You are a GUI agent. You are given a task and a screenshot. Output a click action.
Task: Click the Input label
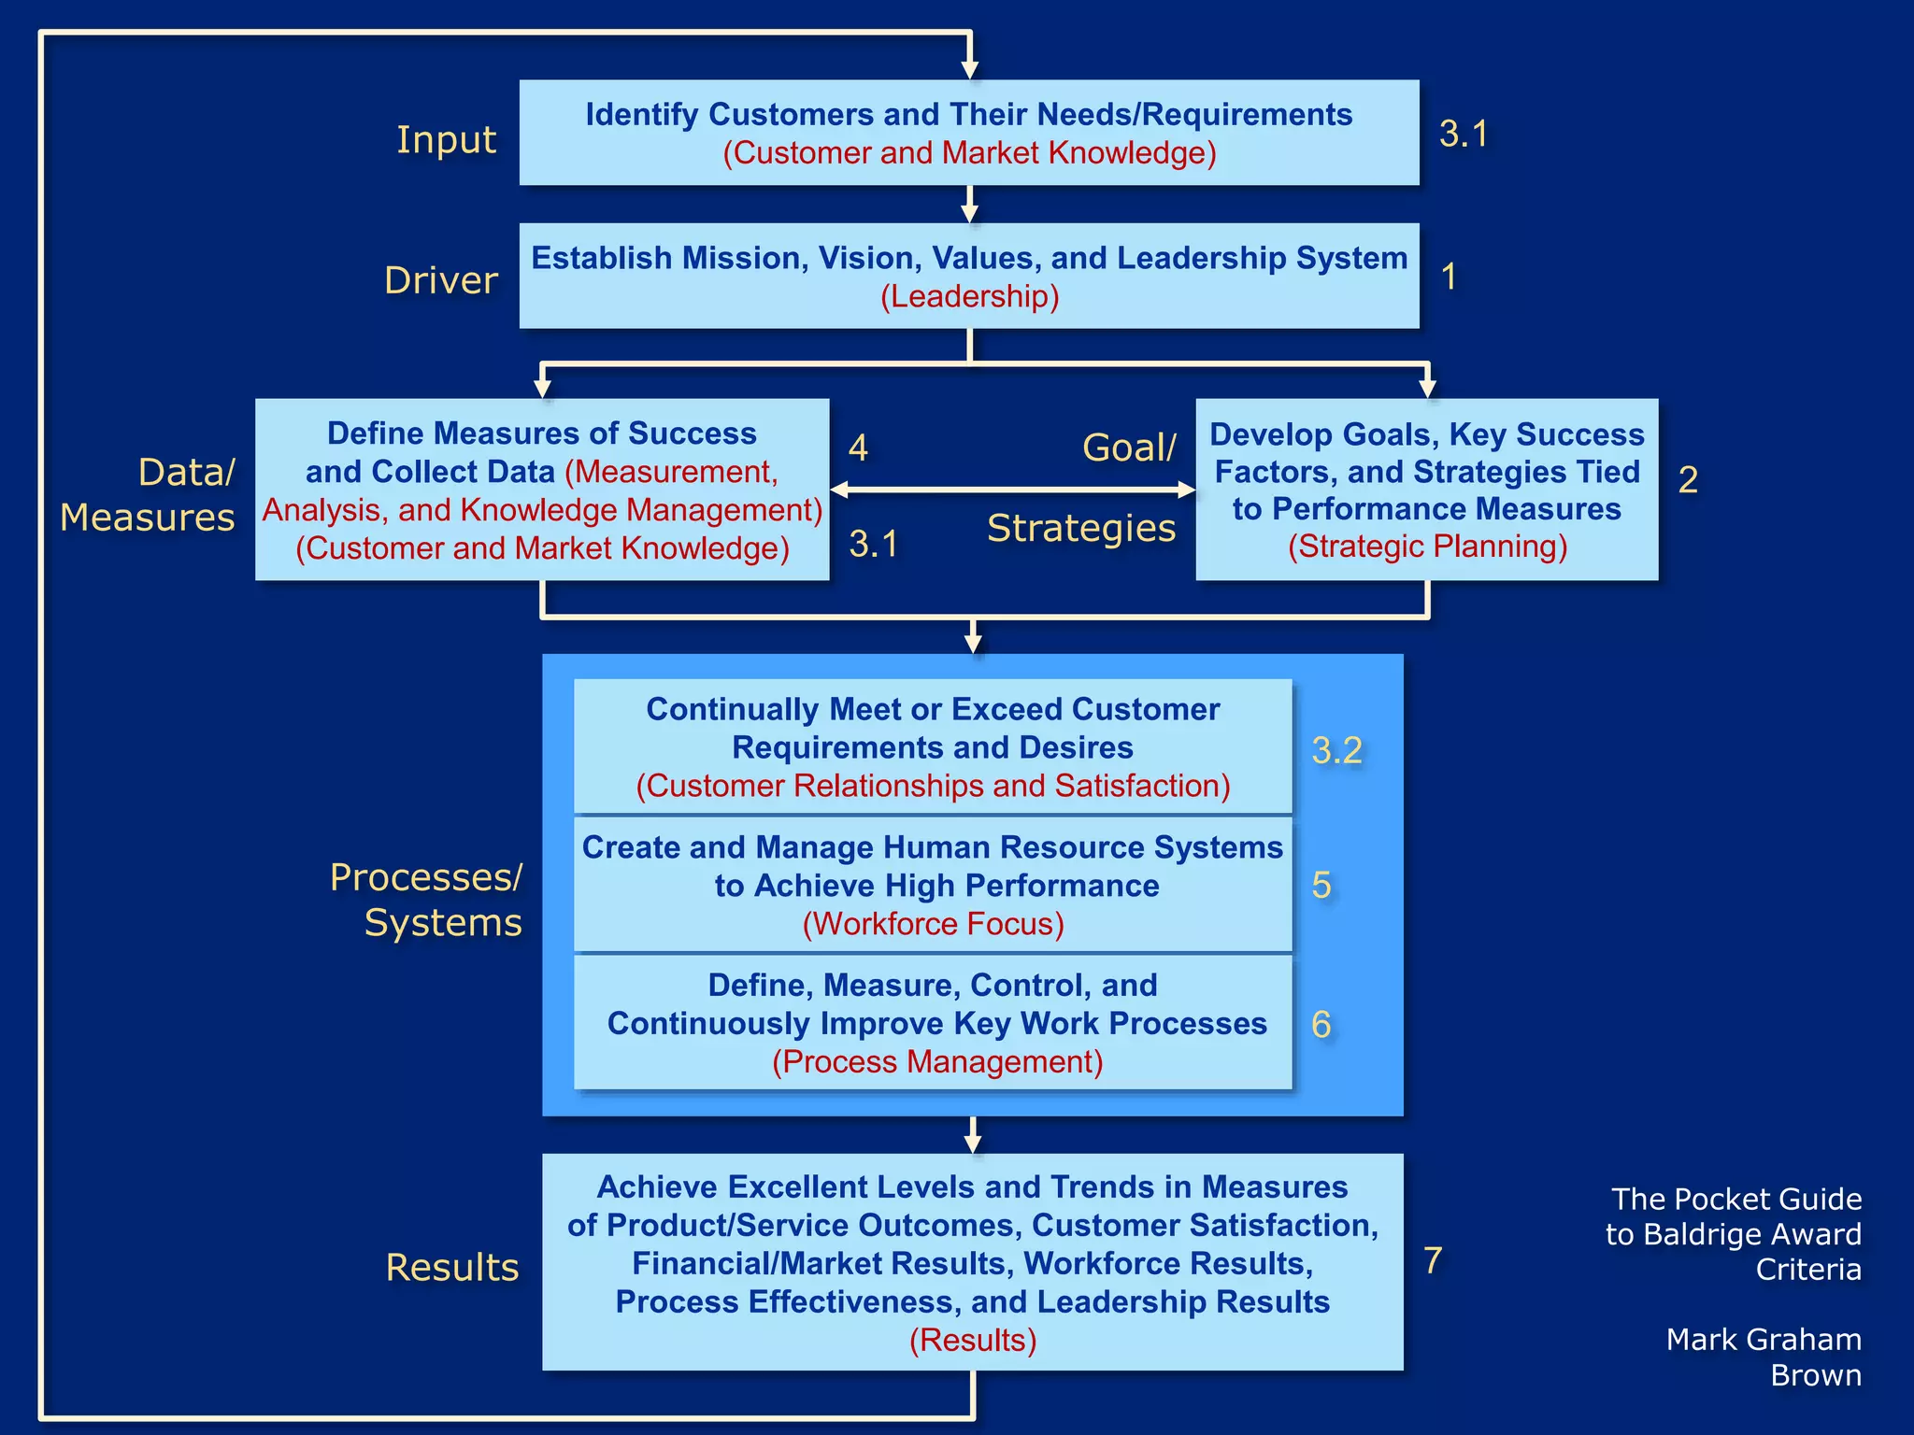point(446,139)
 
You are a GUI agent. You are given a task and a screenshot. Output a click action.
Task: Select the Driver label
point(441,280)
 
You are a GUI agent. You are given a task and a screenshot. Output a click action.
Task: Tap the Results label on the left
point(452,1268)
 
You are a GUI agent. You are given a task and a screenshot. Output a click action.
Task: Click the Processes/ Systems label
point(427,900)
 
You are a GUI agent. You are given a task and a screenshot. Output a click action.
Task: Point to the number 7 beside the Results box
point(1433,1260)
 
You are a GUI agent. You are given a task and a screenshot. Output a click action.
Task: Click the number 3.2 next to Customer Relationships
point(1336,750)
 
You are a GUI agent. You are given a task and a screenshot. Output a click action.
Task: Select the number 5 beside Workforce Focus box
point(1321,885)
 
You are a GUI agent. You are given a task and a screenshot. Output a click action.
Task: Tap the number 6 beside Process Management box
point(1321,1025)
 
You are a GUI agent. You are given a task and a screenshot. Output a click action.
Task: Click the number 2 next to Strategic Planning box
point(1688,480)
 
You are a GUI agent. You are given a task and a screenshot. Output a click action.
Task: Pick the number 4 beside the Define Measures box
point(858,448)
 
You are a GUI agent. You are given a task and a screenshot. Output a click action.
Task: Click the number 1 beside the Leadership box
point(1449,277)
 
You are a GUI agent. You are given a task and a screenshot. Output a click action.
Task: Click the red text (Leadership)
point(969,297)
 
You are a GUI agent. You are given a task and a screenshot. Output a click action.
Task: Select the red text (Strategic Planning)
point(1427,547)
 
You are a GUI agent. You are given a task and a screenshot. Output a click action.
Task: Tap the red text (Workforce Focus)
point(933,924)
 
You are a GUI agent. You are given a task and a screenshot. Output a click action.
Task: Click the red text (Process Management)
point(937,1062)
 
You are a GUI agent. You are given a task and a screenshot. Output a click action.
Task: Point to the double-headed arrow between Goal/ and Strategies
point(1012,489)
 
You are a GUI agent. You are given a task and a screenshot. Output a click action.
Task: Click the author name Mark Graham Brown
point(1763,1357)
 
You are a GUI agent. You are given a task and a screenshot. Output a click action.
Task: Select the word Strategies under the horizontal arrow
point(1081,528)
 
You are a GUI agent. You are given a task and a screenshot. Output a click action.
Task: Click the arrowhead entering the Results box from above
point(973,1144)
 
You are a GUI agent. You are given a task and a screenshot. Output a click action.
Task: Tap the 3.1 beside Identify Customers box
point(1463,134)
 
